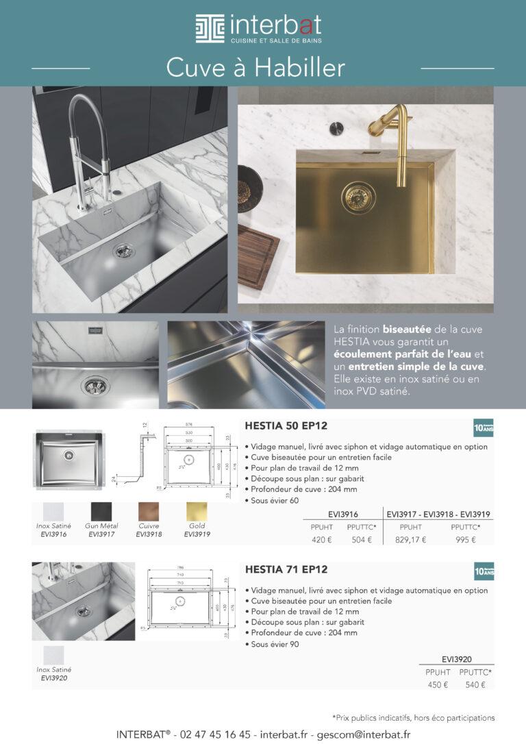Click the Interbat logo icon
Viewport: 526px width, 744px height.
coord(210,28)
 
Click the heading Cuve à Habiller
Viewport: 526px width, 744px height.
coord(255,69)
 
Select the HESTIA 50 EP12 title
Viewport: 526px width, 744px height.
coord(286,425)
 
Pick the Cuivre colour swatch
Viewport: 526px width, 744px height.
coord(149,512)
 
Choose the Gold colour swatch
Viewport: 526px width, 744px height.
coord(197,512)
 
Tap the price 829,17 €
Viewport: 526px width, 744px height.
coord(411,539)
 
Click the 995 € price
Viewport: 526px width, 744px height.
coord(465,539)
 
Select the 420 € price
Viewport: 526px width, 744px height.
coord(321,539)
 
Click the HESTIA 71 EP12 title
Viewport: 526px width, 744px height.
coord(286,569)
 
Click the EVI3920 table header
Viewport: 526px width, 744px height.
coord(457,658)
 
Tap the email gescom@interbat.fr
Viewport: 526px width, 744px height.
coord(360,734)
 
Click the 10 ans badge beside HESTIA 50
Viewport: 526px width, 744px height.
coord(484,427)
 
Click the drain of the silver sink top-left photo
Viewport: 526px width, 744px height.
coord(123,250)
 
